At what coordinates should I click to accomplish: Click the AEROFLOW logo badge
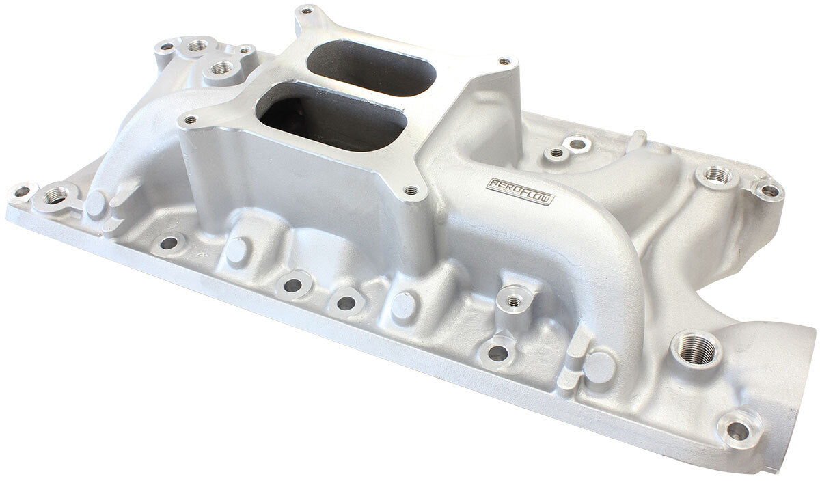(x=519, y=191)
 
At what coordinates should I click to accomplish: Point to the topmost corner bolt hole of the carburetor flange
(x=305, y=12)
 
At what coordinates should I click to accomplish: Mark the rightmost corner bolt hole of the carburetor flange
(x=504, y=61)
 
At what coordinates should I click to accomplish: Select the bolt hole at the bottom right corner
(x=738, y=430)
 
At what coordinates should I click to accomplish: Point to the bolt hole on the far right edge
(x=769, y=190)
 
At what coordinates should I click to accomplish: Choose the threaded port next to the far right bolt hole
(x=717, y=175)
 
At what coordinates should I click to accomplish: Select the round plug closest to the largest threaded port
(x=599, y=367)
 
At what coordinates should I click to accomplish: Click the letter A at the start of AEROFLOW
(x=492, y=184)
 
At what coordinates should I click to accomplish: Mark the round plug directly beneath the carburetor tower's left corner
(x=236, y=251)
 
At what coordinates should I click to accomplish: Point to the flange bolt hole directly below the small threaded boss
(x=498, y=353)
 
